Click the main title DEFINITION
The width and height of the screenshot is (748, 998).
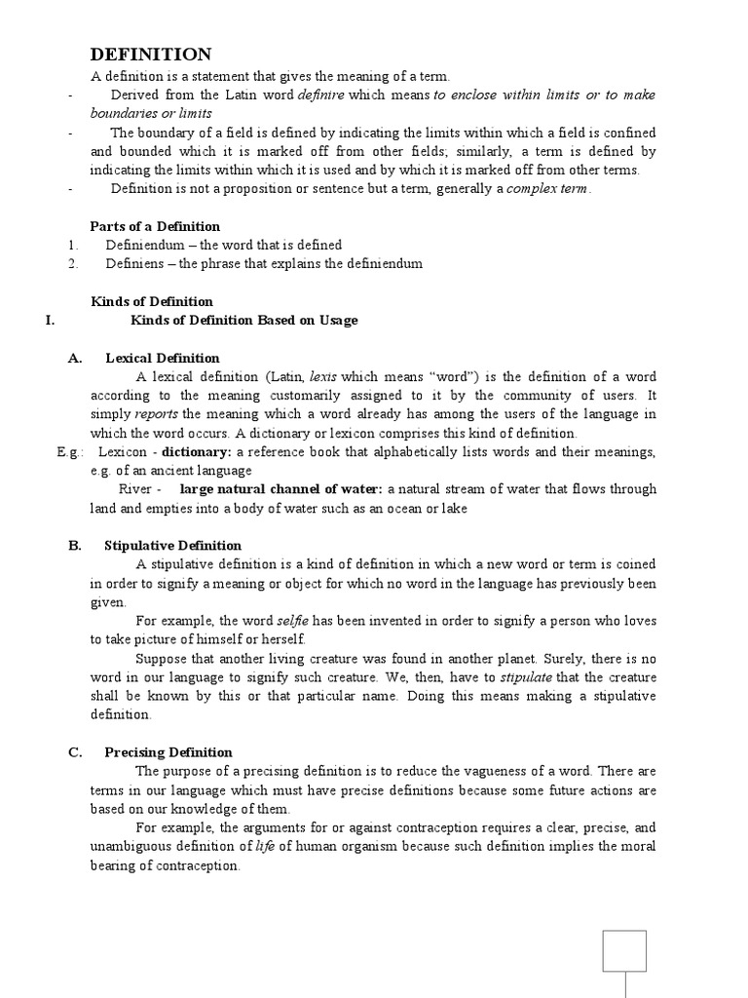click(151, 55)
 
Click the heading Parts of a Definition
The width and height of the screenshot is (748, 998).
click(155, 226)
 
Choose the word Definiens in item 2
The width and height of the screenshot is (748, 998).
click(134, 263)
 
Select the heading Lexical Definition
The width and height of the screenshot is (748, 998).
click(163, 358)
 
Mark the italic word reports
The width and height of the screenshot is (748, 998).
click(155, 414)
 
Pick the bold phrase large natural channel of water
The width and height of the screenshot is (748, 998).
click(282, 489)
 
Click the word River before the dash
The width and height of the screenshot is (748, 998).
click(135, 489)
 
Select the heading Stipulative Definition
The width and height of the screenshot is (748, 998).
click(172, 546)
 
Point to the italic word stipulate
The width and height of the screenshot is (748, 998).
click(524, 677)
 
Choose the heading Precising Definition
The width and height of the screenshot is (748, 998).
click(168, 752)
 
